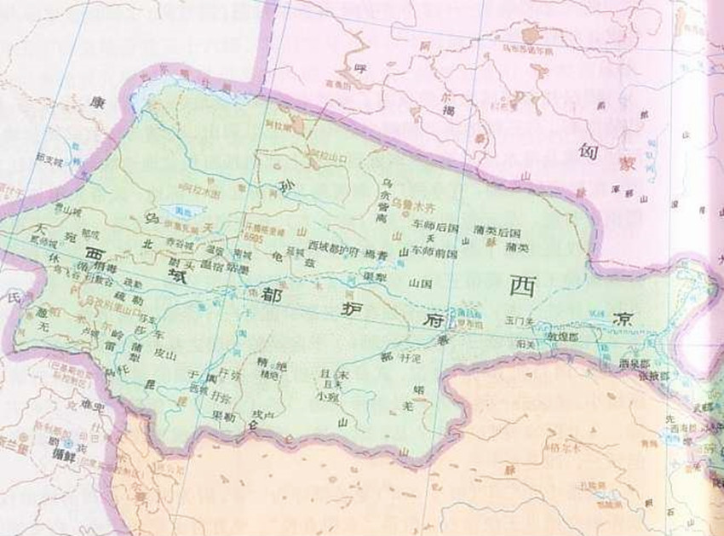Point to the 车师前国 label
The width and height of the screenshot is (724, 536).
[x=435, y=252]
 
